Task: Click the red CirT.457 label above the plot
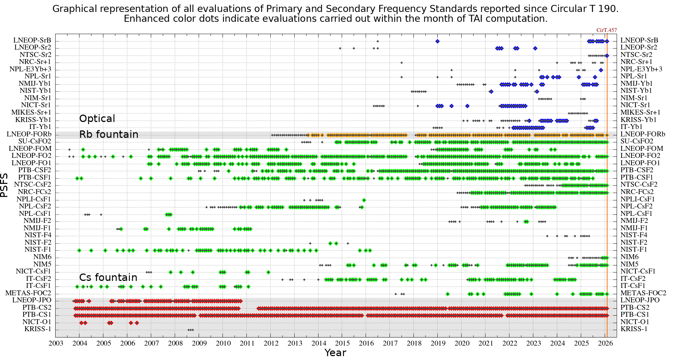coord(606,30)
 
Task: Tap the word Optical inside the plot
coord(97,119)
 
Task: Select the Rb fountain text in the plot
coord(109,134)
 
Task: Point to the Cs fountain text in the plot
coord(108,277)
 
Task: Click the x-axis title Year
coord(335,353)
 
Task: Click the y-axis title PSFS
coord(4,185)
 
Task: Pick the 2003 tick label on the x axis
coord(56,343)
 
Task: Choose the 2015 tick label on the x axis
coord(342,343)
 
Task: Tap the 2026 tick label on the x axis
coord(605,343)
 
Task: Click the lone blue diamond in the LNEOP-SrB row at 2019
coord(437,41)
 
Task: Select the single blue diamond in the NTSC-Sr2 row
coord(607,56)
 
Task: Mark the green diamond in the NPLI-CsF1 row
coord(364,200)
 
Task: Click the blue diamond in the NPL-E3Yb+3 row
coord(601,70)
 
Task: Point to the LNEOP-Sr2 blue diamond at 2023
coord(535,49)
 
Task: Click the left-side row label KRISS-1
coord(38,329)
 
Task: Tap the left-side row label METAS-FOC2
coord(28,293)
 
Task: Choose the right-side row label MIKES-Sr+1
coord(640,112)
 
